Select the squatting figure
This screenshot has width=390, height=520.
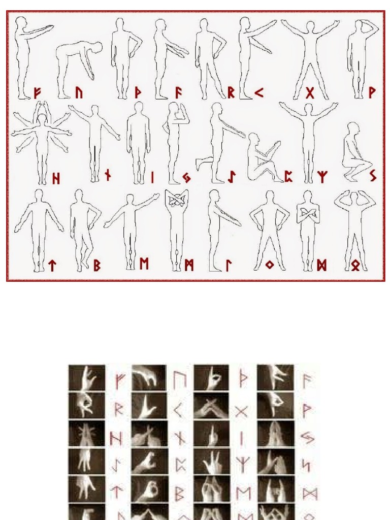[354, 152]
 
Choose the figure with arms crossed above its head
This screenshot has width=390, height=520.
[176, 229]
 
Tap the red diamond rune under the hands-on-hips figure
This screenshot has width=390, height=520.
[269, 265]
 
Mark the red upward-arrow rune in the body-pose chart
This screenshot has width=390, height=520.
[52, 265]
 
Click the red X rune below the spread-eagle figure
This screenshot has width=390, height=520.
[310, 93]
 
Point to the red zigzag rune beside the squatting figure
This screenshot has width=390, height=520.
[372, 176]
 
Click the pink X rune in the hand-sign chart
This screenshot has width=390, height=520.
[241, 410]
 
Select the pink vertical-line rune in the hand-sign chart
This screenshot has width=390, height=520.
[242, 437]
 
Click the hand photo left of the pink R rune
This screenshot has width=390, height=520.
[87, 405]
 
